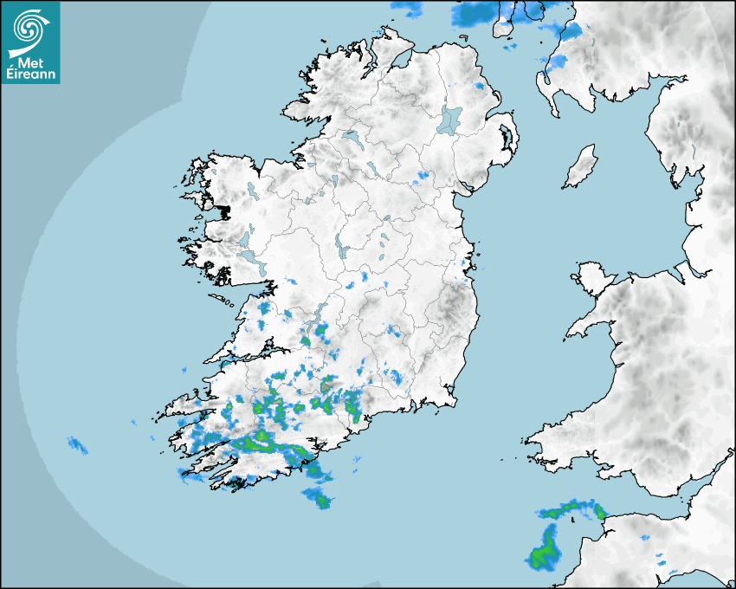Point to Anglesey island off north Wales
[x=592, y=276]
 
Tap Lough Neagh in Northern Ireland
[x=450, y=119]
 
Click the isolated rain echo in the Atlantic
[x=78, y=445]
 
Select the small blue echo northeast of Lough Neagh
[x=479, y=87]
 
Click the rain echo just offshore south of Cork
[x=317, y=497]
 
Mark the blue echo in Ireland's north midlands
[x=422, y=177]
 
